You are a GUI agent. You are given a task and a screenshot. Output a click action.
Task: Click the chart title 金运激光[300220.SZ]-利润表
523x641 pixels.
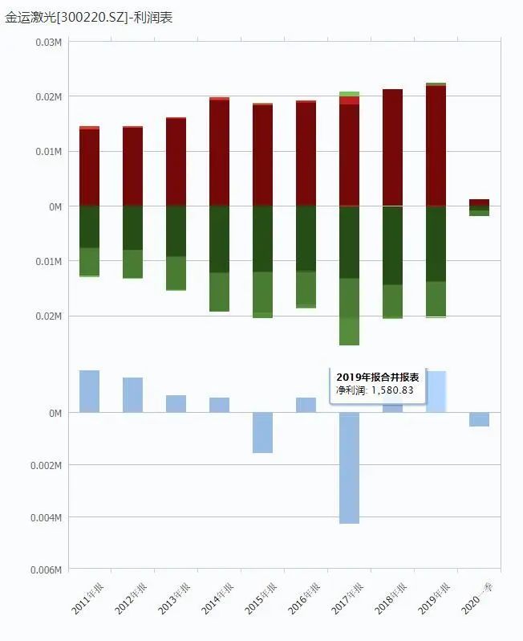point(89,17)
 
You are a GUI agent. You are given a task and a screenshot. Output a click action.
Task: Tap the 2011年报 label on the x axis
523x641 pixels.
point(87,598)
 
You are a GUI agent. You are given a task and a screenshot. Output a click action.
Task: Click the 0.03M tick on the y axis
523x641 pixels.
point(49,42)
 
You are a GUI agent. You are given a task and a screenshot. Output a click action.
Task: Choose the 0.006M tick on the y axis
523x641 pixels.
point(46,570)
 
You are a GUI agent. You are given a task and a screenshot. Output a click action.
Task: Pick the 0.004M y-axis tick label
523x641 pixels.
point(46,517)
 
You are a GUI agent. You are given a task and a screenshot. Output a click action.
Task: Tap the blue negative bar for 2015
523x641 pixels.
point(262,433)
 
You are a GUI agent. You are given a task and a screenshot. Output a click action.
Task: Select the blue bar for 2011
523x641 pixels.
point(89,391)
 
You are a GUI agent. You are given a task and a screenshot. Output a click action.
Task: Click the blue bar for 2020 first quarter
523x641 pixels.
point(479,419)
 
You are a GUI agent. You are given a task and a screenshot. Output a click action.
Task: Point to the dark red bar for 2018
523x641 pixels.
point(392,147)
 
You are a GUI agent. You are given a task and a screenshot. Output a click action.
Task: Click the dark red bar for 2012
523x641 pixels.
point(132,166)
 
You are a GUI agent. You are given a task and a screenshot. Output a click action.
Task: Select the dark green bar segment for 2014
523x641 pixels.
point(219,239)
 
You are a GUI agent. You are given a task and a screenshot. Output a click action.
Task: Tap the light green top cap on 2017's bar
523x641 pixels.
point(349,94)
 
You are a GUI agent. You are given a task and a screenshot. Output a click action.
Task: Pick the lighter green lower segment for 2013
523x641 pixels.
point(176,273)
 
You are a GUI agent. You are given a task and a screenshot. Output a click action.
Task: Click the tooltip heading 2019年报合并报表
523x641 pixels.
point(377,377)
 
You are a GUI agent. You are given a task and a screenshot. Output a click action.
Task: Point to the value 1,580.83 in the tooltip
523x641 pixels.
point(392,390)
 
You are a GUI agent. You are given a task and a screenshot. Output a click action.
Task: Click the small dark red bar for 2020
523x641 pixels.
point(479,203)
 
